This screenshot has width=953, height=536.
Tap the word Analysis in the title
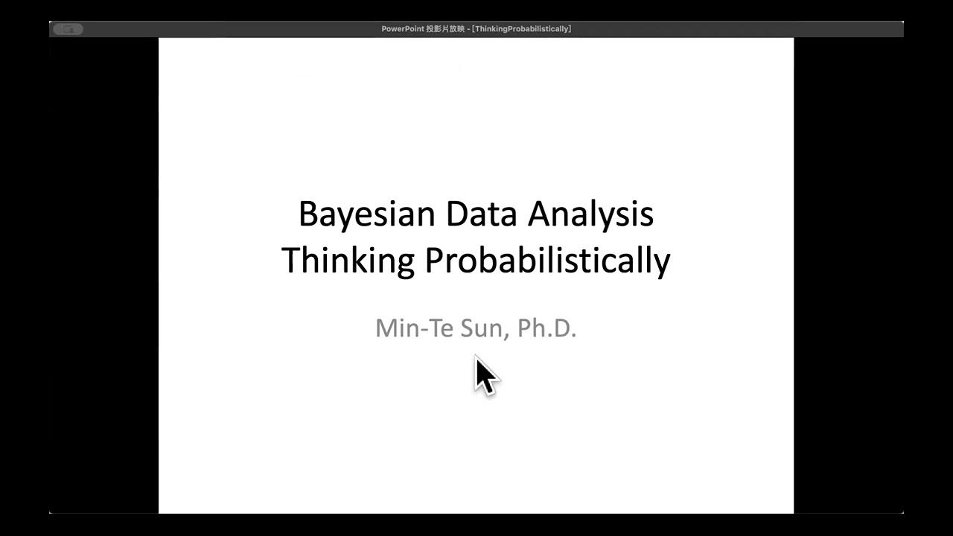[x=591, y=214]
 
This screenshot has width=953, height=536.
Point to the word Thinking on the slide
[x=348, y=261]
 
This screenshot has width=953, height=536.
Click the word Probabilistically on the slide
[x=547, y=261]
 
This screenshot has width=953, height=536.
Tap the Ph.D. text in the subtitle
[x=547, y=328]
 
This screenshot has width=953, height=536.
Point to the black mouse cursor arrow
[x=485, y=374]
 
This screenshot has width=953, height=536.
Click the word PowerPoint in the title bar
[x=403, y=29]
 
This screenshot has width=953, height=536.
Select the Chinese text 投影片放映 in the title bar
[x=447, y=29]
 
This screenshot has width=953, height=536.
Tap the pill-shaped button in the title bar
[x=68, y=29]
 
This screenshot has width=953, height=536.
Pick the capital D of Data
[x=456, y=214]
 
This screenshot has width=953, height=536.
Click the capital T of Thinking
[x=291, y=261]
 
